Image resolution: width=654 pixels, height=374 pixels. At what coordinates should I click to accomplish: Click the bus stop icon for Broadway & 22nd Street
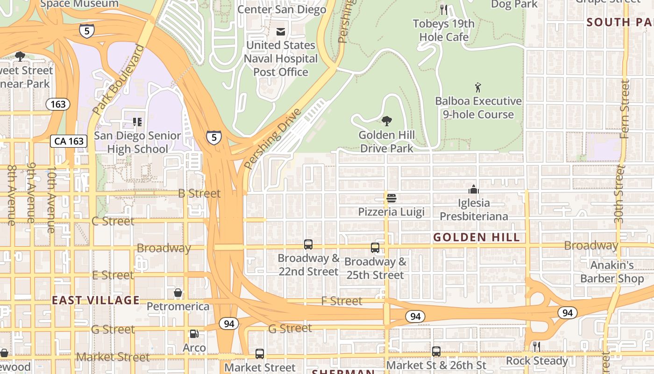point(308,244)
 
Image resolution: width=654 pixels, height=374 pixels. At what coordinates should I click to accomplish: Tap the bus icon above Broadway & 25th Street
point(375,248)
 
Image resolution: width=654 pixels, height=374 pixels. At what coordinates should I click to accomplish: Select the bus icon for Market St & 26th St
point(436,351)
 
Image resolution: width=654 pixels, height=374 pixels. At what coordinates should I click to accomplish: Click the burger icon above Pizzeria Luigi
point(391,198)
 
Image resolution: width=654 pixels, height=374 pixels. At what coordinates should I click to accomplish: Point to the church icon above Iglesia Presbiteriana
point(474,189)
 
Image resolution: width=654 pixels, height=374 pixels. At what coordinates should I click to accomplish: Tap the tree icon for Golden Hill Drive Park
point(387,122)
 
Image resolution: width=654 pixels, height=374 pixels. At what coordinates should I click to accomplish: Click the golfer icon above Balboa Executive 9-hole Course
point(478,87)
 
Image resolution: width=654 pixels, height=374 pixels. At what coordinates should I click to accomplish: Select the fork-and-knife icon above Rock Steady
point(537,346)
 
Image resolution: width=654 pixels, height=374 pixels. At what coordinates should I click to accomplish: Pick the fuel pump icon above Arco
point(194,334)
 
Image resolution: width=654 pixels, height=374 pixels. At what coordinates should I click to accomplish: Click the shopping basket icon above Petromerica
point(178,293)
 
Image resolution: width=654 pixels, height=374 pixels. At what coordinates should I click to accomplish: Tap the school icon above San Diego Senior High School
point(137,122)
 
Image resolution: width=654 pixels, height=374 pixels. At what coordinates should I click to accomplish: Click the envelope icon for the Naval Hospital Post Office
point(281,32)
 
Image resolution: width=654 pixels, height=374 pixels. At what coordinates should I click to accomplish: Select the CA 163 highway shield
point(69,141)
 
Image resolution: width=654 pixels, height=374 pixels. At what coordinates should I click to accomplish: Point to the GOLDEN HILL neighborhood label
point(476,237)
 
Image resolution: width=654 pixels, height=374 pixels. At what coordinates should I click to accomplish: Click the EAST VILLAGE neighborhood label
point(96,300)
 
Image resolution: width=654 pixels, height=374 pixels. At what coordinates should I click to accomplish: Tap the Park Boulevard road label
point(119,80)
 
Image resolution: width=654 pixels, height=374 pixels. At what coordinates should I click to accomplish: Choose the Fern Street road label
point(625,109)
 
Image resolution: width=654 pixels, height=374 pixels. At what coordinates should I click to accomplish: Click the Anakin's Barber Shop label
point(612,272)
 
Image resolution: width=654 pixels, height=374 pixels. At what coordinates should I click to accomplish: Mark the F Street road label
point(341,301)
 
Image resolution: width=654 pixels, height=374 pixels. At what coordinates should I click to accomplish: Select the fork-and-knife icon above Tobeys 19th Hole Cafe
point(444,9)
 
